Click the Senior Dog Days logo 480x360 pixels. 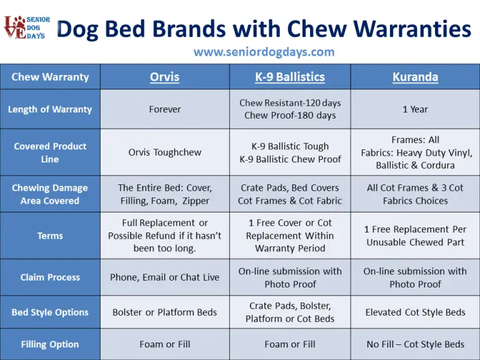pos(27,29)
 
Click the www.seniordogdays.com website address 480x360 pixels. pos(264,52)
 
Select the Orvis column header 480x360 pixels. pos(164,77)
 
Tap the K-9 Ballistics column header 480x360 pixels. pos(290,77)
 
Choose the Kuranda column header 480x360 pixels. pos(415,77)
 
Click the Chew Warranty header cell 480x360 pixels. pos(50,77)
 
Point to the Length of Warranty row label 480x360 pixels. pos(50,109)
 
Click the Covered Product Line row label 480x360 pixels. pos(50,152)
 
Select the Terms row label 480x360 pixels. pos(50,236)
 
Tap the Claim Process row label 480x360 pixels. pos(50,277)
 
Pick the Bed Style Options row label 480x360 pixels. pos(50,312)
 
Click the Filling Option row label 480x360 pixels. pos(50,344)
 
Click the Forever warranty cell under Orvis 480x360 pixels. pos(164,109)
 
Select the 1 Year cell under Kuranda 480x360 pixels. pos(415,109)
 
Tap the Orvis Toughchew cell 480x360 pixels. pos(164,152)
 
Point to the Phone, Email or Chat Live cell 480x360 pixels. pos(164,277)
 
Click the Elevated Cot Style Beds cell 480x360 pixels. pos(415,312)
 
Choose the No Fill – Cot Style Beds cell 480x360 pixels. pos(415,344)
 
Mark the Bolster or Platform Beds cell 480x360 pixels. pos(164,312)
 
